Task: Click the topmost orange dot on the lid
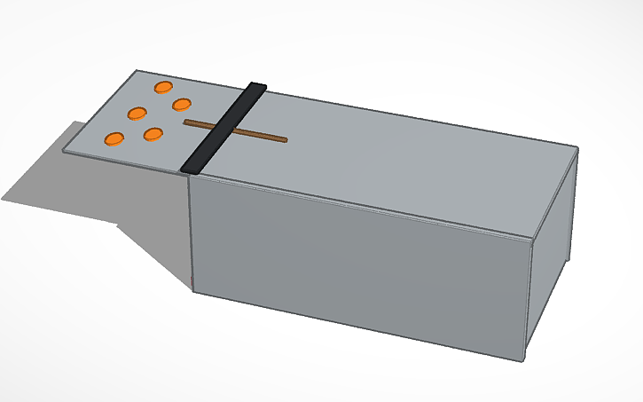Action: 163,87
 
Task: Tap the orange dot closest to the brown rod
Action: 183,106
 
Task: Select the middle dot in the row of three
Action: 137,113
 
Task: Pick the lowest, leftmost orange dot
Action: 114,138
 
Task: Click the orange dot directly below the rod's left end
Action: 153,134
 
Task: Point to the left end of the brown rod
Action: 185,122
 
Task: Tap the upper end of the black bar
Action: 257,87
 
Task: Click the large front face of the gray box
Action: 355,266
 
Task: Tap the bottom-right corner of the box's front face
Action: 523,359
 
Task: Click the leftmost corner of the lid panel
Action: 64,152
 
